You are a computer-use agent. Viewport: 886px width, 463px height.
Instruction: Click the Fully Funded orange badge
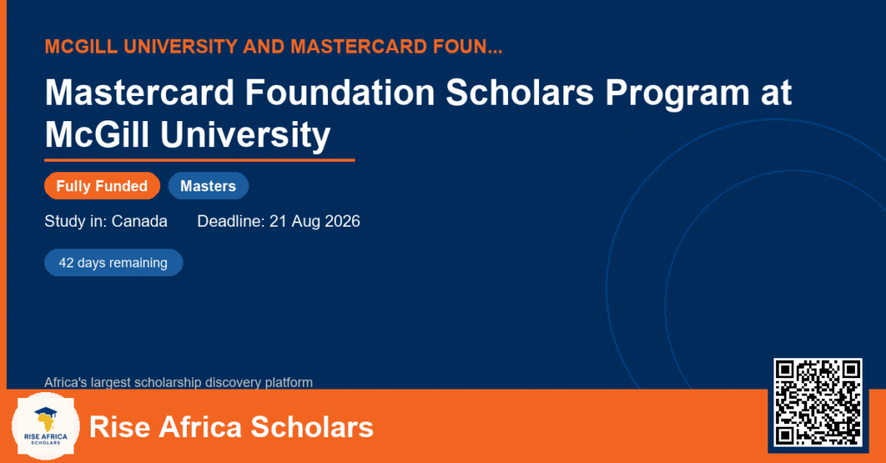(102, 186)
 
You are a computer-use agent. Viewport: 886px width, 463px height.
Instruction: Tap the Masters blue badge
(208, 186)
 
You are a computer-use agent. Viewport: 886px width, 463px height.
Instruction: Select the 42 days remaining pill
(113, 263)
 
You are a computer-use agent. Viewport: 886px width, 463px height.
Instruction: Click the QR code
(818, 402)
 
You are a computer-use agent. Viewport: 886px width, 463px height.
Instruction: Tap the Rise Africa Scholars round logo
(45, 427)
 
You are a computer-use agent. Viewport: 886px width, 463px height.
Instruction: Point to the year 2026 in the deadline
(343, 221)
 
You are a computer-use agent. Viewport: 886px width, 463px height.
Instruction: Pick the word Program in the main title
(677, 93)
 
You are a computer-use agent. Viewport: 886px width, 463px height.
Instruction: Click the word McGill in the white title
(97, 135)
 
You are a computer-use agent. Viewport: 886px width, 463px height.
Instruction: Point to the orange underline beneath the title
(200, 161)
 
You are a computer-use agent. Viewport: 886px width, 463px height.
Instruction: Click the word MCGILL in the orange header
(81, 47)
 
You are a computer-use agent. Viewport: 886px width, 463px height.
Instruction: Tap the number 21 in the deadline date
(278, 221)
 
